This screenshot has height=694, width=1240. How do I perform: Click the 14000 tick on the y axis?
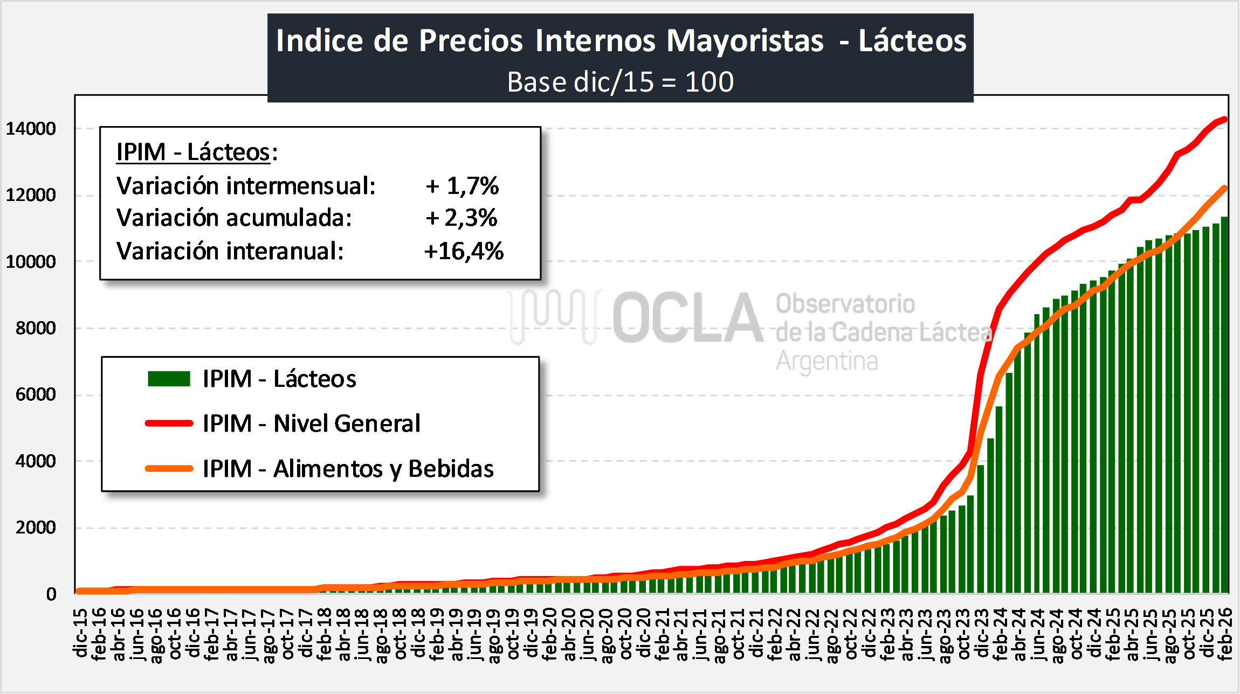click(x=31, y=129)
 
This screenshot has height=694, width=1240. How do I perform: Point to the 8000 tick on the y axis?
click(x=36, y=328)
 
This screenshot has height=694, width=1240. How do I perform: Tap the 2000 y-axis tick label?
click(x=36, y=528)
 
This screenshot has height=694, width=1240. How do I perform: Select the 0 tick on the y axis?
click(x=51, y=594)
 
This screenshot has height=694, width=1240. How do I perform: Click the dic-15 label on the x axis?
click(x=80, y=634)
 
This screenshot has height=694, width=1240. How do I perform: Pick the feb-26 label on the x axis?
click(x=1225, y=634)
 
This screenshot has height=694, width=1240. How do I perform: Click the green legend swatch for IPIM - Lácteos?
click(x=169, y=379)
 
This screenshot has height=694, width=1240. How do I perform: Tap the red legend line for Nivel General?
click(x=169, y=424)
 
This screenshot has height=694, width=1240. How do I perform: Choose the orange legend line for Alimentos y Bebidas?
click(x=169, y=469)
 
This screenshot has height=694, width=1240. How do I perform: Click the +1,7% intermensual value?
click(x=463, y=186)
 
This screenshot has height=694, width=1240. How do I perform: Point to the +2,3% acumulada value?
click(x=461, y=218)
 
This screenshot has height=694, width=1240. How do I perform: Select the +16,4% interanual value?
click(x=464, y=251)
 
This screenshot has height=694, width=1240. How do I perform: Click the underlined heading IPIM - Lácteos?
click(x=193, y=152)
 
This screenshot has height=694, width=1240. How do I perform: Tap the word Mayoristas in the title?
click(x=745, y=40)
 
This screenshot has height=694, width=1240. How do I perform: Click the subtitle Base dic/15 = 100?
click(x=620, y=82)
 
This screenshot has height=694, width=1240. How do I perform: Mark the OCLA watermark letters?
click(x=687, y=318)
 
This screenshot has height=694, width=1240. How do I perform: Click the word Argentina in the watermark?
click(x=826, y=361)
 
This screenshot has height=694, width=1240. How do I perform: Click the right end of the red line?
click(x=1225, y=119)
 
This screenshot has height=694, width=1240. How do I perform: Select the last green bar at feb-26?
click(x=1225, y=404)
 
